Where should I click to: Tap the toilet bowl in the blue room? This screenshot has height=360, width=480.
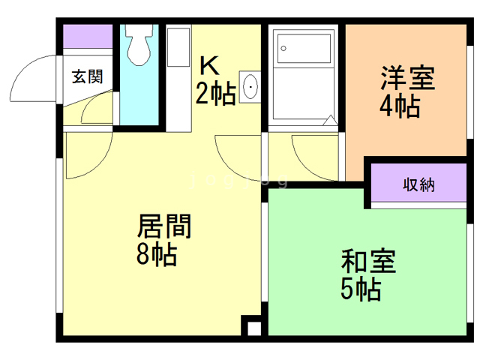(137, 48)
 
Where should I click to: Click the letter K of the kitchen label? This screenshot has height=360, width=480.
(209, 64)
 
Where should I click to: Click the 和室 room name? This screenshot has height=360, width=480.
(367, 262)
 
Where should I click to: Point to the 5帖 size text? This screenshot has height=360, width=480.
(359, 289)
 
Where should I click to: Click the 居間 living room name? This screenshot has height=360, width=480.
(164, 226)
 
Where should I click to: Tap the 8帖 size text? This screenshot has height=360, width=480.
(156, 255)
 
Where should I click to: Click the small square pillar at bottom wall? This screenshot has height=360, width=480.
(253, 328)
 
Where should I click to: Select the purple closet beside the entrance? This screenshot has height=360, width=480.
(87, 37)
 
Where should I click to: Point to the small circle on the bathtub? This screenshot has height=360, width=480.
(283, 48)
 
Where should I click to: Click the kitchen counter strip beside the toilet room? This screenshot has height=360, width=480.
(178, 75)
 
